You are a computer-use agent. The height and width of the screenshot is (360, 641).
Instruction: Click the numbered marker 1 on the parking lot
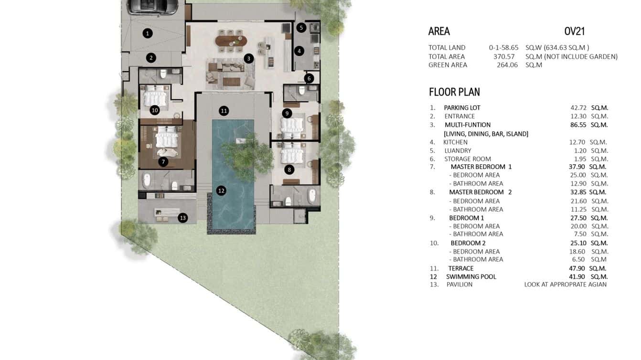click(x=148, y=33)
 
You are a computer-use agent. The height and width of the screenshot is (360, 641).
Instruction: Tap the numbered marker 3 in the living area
click(x=248, y=59)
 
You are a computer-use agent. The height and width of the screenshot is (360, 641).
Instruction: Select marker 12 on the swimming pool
click(x=221, y=191)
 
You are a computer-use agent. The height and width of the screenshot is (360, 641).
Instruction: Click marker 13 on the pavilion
click(x=182, y=218)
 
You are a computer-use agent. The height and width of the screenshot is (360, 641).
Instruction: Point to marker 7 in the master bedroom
click(x=163, y=162)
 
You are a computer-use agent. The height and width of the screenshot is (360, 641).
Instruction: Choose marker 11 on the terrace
click(x=224, y=111)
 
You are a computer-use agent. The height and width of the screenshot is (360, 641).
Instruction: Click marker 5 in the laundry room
click(x=301, y=28)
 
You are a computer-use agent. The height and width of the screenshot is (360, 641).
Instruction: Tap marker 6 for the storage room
click(x=309, y=78)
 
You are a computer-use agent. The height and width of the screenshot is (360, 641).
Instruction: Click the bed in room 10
click(x=154, y=97)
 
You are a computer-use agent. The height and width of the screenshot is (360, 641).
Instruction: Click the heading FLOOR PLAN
click(x=454, y=92)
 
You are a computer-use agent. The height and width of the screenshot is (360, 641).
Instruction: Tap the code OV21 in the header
click(x=575, y=32)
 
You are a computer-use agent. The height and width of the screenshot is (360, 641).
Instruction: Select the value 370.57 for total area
click(x=504, y=56)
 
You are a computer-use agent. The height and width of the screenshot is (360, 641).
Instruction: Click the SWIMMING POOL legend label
click(x=471, y=276)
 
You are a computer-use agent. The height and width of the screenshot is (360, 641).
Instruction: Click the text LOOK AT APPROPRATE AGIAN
click(x=565, y=285)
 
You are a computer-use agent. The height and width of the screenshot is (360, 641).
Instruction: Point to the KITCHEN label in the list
click(x=455, y=142)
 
